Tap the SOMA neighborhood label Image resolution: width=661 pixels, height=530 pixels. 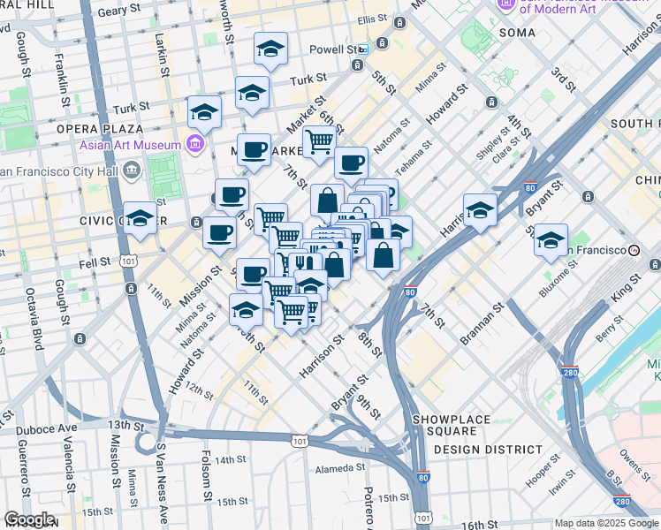(x=517, y=33)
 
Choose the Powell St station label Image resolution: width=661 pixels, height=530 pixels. (x=338, y=50)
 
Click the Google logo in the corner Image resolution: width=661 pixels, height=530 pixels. (x=30, y=519)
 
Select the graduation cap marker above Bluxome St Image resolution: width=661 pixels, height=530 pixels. (x=551, y=239)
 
